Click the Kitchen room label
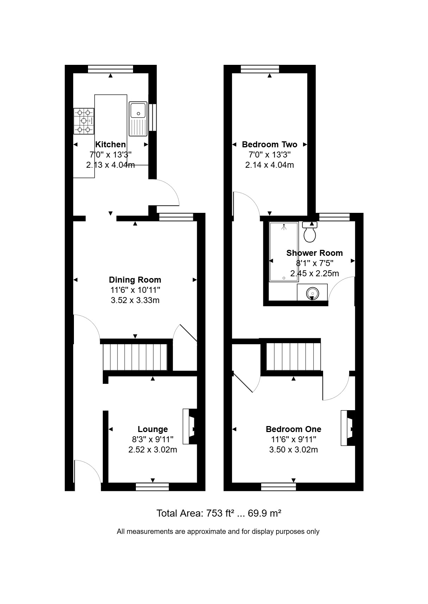point(111,144)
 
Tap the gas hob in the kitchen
point(84,121)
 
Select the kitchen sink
point(138,119)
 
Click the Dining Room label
point(135,279)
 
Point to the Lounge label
point(153,429)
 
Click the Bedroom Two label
point(270,144)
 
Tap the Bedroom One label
point(294,429)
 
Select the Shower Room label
point(315,253)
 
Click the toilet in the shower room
point(310,232)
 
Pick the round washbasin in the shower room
point(313,292)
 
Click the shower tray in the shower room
point(284,252)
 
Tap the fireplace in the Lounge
point(190,426)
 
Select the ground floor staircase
point(135,357)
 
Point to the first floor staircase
point(294,356)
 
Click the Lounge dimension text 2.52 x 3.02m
point(153,450)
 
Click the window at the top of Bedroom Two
point(260,69)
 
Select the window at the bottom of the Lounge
point(152,487)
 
